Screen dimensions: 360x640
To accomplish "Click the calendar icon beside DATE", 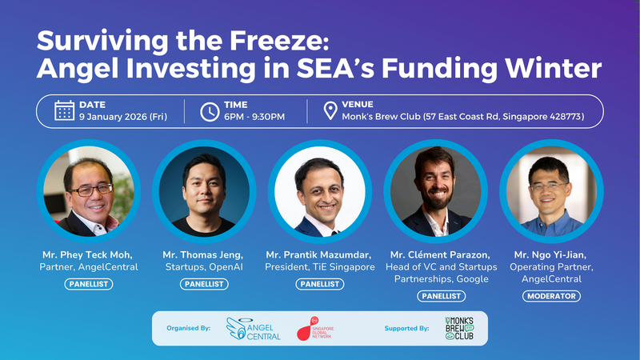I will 65,110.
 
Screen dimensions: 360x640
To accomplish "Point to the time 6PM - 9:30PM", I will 255,117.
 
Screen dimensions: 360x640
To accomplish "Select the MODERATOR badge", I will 550,296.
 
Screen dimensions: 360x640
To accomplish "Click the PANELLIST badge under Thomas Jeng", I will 203,283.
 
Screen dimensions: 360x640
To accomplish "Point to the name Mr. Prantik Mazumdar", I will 320,254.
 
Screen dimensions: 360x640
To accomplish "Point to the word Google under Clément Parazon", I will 479,280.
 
